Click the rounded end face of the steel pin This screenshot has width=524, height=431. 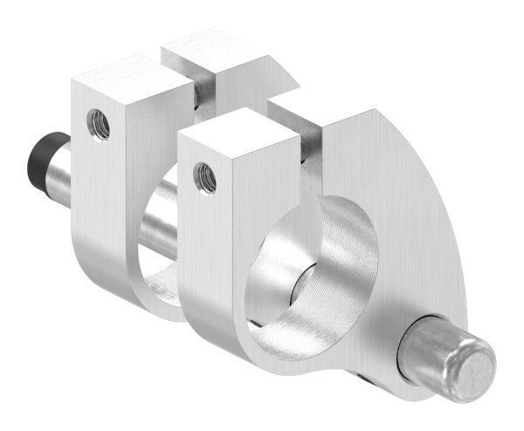click(472, 366)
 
